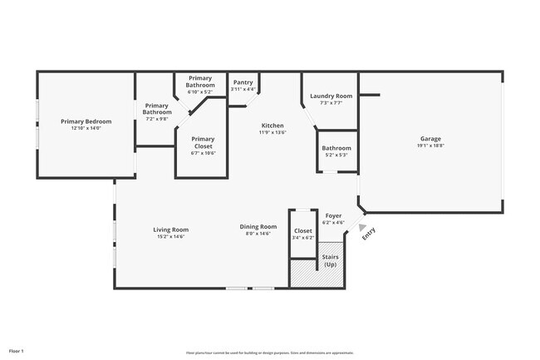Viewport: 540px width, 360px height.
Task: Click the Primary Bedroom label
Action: [86, 121]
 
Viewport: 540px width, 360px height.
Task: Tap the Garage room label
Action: [430, 139]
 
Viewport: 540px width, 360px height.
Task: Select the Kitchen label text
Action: [272, 126]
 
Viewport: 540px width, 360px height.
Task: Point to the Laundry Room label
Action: [331, 96]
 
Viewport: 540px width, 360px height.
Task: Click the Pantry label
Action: [243, 82]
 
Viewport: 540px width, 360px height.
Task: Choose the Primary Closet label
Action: [203, 139]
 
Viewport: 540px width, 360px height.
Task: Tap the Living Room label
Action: [170, 229]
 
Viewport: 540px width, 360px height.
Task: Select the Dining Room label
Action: [258, 227]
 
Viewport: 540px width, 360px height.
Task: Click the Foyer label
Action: [333, 215]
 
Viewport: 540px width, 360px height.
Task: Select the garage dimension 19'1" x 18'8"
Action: [430, 145]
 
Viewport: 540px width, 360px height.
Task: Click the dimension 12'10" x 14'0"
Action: [86, 128]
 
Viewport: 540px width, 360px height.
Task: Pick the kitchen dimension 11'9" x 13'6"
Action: [272, 132]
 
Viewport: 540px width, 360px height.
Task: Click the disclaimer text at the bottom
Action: [269, 353]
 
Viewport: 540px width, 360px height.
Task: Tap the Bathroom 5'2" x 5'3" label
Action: [336, 151]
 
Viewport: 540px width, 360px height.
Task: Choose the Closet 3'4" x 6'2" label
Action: [303, 234]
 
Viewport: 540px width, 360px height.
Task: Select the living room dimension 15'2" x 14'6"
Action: [170, 236]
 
